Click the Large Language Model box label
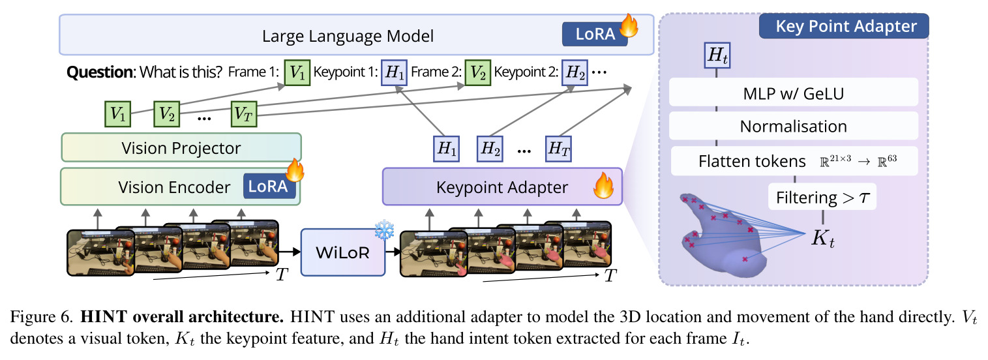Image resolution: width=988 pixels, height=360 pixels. (348, 36)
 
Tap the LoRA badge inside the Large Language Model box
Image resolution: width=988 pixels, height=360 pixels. (595, 34)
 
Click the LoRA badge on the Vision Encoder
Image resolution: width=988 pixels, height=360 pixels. (269, 186)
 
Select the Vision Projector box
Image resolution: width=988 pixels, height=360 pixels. (181, 148)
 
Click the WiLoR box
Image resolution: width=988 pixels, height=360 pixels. (343, 252)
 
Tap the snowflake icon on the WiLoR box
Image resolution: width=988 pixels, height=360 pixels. (384, 230)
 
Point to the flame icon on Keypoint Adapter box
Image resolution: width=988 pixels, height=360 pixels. (603, 186)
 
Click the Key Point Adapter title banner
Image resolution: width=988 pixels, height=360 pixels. (844, 26)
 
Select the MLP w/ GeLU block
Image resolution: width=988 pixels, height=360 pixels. (794, 93)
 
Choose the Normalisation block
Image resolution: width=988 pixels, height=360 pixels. (794, 126)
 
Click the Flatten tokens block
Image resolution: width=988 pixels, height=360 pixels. (794, 161)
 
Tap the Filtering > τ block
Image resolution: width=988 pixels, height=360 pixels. (822, 197)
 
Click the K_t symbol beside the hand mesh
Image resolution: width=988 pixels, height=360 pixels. (823, 239)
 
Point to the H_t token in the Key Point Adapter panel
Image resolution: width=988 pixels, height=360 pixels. (717, 55)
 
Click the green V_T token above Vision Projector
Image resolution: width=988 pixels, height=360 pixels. (244, 114)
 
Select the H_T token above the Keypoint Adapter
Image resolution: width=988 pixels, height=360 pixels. (558, 149)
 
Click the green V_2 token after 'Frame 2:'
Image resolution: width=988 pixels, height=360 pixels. (477, 72)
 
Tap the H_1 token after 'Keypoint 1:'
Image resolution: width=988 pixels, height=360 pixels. (394, 72)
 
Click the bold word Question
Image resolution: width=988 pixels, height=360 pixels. (100, 72)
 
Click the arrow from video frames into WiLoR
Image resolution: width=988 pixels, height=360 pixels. (290, 252)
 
